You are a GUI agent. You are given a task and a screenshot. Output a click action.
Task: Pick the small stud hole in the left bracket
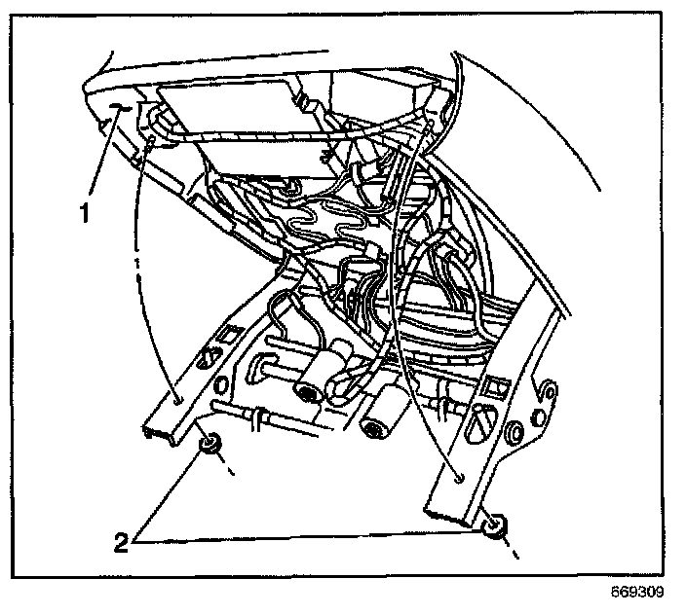click(177, 399)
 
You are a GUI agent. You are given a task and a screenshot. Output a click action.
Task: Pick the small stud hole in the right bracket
click(458, 477)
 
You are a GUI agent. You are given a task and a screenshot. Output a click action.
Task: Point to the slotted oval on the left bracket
click(207, 358)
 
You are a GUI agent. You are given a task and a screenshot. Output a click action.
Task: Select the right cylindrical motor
click(382, 413)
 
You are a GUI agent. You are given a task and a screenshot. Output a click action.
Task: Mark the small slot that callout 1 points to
click(117, 108)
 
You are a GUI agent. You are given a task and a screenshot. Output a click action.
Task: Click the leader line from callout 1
click(101, 156)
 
